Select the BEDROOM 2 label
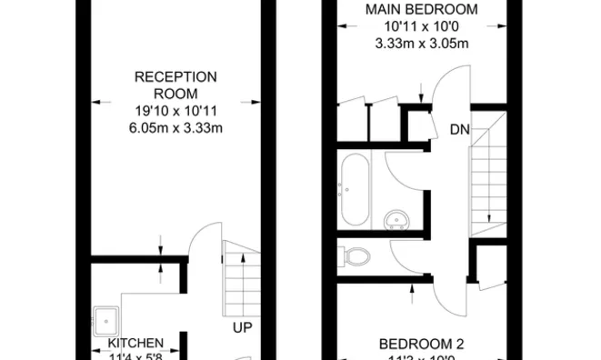click(421, 344)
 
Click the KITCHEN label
click(136, 343)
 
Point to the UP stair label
click(242, 328)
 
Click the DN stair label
click(459, 130)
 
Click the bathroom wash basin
click(396, 219)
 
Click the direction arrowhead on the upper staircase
click(488, 218)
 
